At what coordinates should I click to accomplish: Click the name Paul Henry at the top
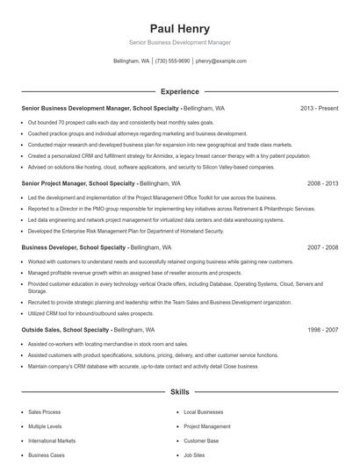pyautogui.click(x=179, y=29)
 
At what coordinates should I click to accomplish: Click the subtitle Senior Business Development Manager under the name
pyautogui.click(x=179, y=43)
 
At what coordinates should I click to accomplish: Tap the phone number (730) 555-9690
pyautogui.click(x=173, y=61)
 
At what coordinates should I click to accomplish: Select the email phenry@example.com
pyautogui.click(x=220, y=61)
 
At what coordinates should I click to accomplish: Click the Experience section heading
pyautogui.click(x=179, y=91)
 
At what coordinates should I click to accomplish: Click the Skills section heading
pyautogui.click(x=179, y=391)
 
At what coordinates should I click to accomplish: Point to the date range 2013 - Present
pyautogui.click(x=319, y=109)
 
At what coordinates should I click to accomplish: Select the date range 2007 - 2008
pyautogui.click(x=322, y=248)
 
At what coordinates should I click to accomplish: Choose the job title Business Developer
pyautogui.click(x=48, y=248)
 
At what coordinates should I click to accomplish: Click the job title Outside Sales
pyautogui.click(x=42, y=330)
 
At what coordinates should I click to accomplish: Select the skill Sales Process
pyautogui.click(x=44, y=411)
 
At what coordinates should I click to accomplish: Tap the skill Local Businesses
pyautogui.click(x=203, y=411)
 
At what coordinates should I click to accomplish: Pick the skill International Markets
pyautogui.click(x=52, y=440)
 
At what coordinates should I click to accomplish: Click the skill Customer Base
pyautogui.click(x=201, y=440)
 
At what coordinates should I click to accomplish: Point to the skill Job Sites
pyautogui.click(x=195, y=455)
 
